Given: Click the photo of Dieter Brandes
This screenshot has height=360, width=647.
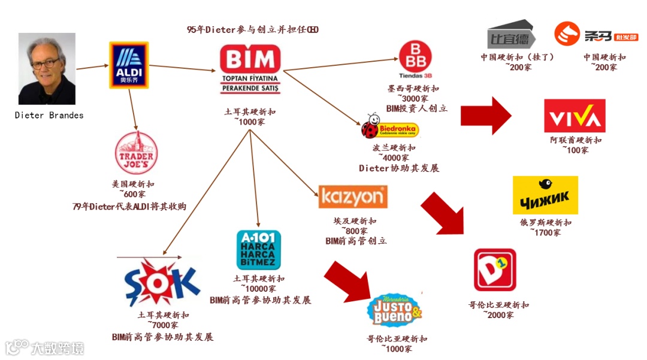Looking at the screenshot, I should pyautogui.click(x=47, y=69).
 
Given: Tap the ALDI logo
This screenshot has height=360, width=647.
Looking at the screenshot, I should pyautogui.click(x=128, y=65).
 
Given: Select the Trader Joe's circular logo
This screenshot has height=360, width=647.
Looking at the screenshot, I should pyautogui.click(x=136, y=154).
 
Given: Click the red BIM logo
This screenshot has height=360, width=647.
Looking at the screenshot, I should pyautogui.click(x=250, y=69).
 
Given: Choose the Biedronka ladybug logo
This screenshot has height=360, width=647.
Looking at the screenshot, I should pyautogui.click(x=390, y=129).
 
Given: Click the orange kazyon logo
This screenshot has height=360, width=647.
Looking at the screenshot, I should pyautogui.click(x=353, y=196).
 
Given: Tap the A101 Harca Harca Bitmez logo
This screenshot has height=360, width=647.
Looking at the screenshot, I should pyautogui.click(x=258, y=250).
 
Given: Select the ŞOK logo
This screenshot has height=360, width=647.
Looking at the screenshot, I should pyautogui.click(x=160, y=282).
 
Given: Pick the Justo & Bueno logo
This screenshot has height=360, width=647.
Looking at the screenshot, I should pyautogui.click(x=394, y=310).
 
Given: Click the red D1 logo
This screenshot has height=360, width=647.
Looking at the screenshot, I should pyautogui.click(x=494, y=270).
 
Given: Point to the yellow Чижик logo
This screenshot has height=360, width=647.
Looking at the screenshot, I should pyautogui.click(x=545, y=195).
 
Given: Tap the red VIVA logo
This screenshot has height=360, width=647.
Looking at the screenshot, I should pyautogui.click(x=575, y=116).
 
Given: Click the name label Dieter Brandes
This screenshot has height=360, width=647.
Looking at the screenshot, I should pyautogui.click(x=49, y=115).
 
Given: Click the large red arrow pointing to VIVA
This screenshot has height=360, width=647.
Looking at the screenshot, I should pyautogui.click(x=485, y=115).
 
